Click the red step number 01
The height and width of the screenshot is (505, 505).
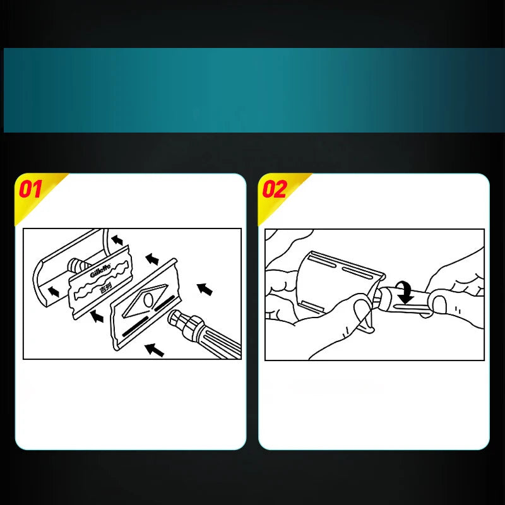pos(31,189)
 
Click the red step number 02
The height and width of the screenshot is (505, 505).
pos(275,189)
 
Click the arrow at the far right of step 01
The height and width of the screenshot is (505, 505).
pos(205,290)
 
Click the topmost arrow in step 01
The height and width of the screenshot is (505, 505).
pos(117,240)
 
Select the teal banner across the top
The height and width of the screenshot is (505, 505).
pos(252,90)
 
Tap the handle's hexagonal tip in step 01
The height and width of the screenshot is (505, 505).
pos(176,320)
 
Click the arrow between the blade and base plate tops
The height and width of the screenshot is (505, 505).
pos(151,258)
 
